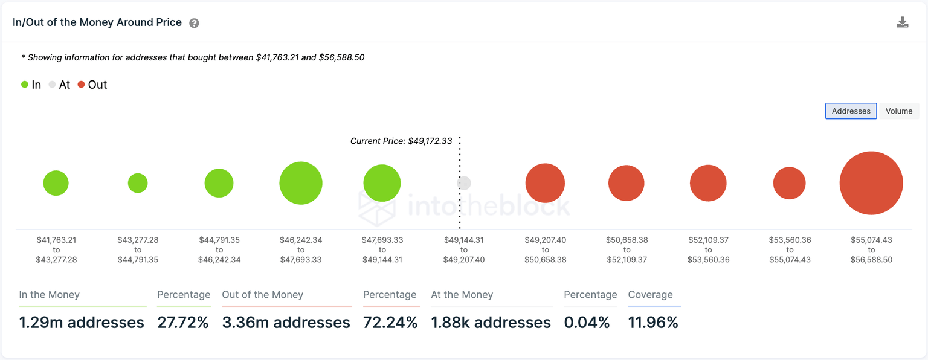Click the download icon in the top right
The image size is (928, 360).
click(x=902, y=23)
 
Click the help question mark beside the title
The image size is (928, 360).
click(x=194, y=24)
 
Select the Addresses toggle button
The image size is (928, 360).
click(x=851, y=111)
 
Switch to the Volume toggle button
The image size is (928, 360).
click(x=898, y=111)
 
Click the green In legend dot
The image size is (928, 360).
click(x=25, y=85)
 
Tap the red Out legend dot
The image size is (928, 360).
click(x=82, y=85)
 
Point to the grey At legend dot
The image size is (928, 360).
click(x=53, y=85)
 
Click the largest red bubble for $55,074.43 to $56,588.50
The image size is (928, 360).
click(x=871, y=183)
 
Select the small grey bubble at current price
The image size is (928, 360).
click(x=464, y=183)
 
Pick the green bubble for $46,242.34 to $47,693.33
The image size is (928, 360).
click(x=301, y=183)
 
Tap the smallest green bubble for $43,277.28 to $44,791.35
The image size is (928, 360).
click(x=138, y=183)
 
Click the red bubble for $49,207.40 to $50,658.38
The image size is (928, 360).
click(x=545, y=183)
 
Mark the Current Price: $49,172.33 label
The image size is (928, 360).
click(x=401, y=141)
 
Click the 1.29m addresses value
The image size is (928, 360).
click(x=82, y=323)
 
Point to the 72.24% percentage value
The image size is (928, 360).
click(x=390, y=323)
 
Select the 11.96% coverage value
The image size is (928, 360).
click(x=653, y=323)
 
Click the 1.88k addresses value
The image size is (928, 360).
click(x=491, y=323)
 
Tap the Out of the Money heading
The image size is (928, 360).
click(x=262, y=295)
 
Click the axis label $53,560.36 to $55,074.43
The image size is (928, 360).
click(x=790, y=249)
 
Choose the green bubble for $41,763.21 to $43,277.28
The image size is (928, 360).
click(x=56, y=183)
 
